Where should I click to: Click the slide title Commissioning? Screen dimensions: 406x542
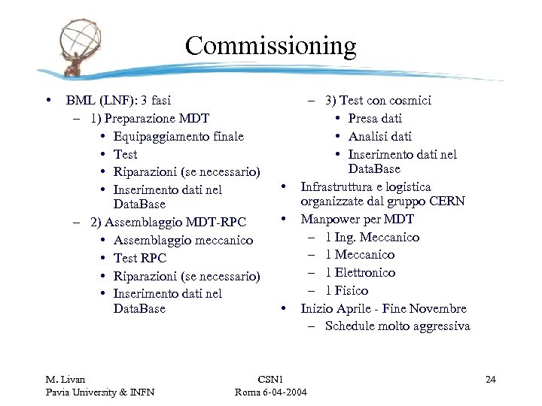pyautogui.click(x=270, y=47)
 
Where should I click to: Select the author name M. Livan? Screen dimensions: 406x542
pyautogui.click(x=65, y=379)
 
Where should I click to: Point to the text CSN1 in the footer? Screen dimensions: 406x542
pyautogui.click(x=269, y=379)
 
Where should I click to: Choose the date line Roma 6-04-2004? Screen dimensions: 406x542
pyautogui.click(x=269, y=392)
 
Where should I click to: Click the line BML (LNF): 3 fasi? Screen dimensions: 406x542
pyautogui.click(x=118, y=100)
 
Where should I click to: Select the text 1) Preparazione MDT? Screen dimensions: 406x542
pyautogui.click(x=149, y=118)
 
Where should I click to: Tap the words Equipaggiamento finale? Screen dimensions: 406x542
pyautogui.click(x=178, y=136)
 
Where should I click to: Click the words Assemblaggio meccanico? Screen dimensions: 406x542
pyautogui.click(x=183, y=240)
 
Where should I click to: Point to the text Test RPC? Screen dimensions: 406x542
pyautogui.click(x=140, y=258)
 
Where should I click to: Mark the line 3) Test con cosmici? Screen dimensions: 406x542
pyautogui.click(x=378, y=100)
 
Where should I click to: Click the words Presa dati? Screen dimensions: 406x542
pyautogui.click(x=375, y=118)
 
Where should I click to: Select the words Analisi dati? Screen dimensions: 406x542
pyautogui.click(x=380, y=136)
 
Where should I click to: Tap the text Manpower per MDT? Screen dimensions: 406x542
pyautogui.click(x=358, y=219)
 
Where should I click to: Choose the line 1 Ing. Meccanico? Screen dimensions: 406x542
pyautogui.click(x=373, y=237)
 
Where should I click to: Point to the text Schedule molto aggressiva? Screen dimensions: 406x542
pyautogui.click(x=397, y=326)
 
